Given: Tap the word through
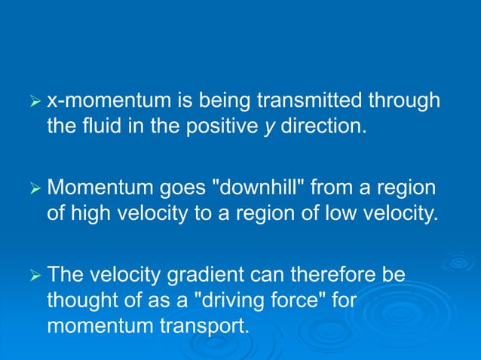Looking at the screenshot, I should [x=400, y=101].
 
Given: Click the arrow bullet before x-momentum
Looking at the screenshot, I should [x=32, y=100].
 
